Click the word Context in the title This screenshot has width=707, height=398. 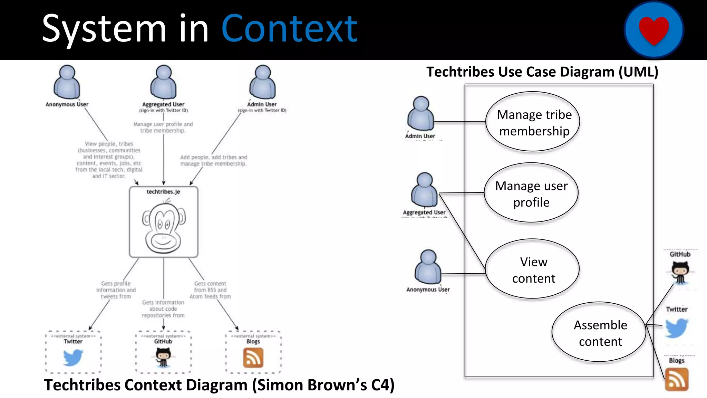(289, 29)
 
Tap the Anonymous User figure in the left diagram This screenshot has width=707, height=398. (67, 82)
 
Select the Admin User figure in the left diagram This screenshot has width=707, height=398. (263, 82)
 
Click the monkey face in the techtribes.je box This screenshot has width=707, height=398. (164, 228)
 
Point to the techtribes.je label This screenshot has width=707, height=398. (163, 192)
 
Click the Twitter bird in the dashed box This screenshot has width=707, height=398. (73, 357)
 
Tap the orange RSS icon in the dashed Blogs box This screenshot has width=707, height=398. (253, 358)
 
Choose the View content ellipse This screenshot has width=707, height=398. (533, 269)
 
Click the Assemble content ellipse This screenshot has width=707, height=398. (600, 332)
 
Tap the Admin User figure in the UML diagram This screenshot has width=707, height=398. (420, 114)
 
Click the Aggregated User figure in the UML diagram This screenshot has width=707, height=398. (424, 190)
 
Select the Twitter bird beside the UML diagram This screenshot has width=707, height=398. (676, 328)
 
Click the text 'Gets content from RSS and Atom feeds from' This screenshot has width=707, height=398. (210, 290)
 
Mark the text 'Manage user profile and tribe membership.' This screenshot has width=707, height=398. (163, 127)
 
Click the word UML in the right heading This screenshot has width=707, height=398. (638, 72)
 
